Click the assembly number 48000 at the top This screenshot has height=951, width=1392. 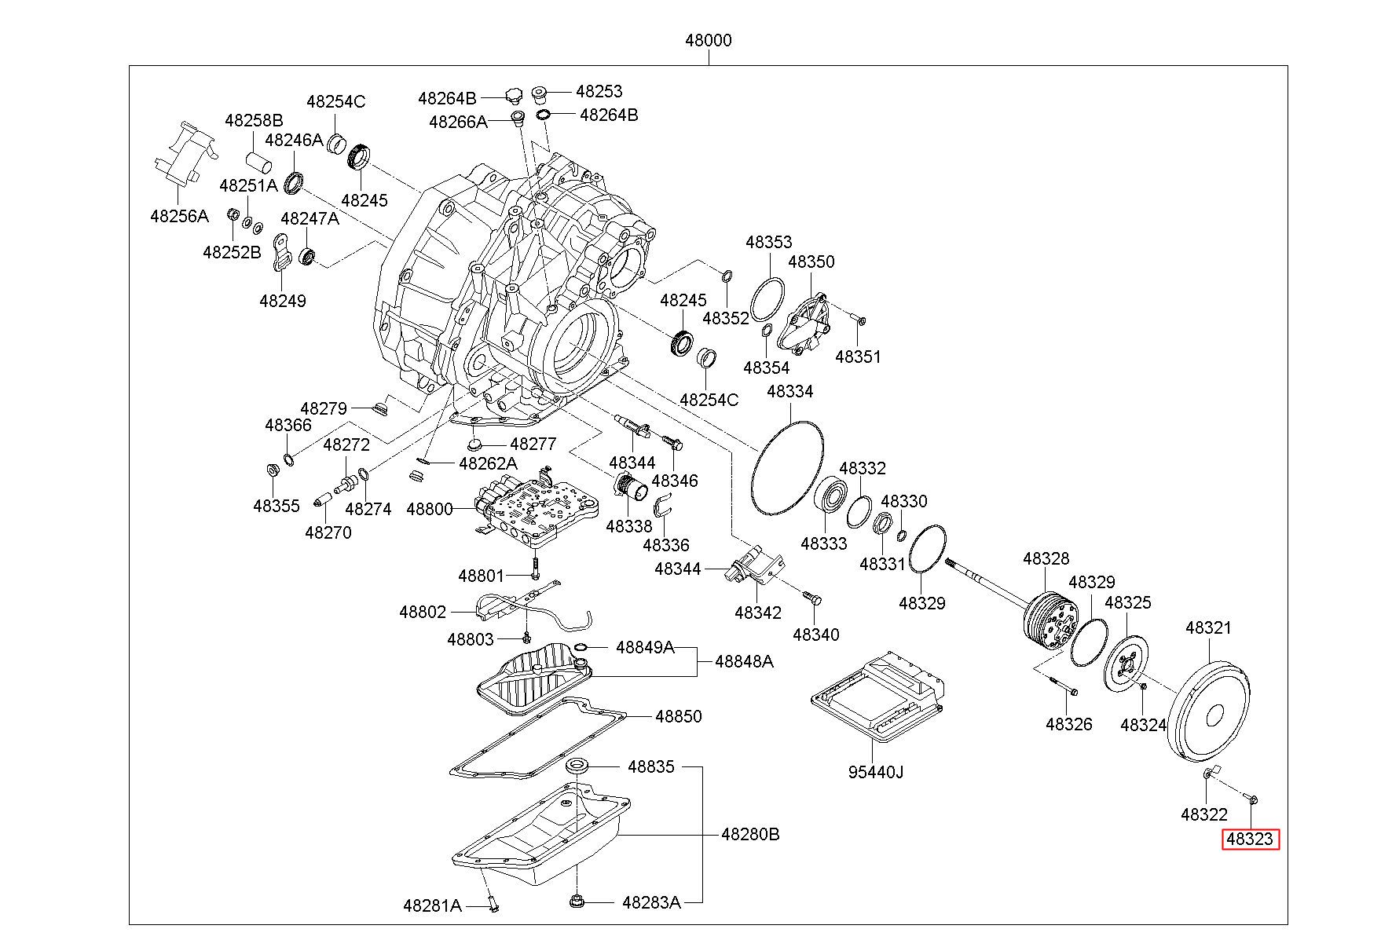[708, 41]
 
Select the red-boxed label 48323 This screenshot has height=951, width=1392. [1249, 839]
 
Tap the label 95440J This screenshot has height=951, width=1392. [875, 772]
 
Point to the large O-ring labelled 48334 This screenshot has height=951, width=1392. [787, 469]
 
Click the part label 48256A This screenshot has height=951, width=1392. [179, 216]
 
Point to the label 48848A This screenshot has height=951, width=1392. [743, 662]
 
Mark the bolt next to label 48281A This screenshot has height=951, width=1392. [493, 905]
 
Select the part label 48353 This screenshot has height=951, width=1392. [768, 242]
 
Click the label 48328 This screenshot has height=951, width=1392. [1046, 558]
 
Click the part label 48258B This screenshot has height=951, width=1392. [254, 121]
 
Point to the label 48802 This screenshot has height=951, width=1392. [422, 612]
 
